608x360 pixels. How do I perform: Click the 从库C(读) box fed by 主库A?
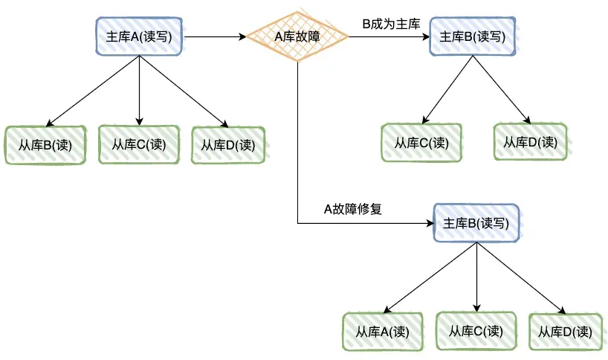point(139,144)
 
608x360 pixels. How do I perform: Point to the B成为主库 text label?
point(391,25)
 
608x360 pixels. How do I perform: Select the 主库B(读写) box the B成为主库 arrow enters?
point(473,36)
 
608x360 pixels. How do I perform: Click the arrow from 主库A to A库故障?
point(216,36)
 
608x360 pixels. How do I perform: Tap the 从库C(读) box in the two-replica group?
point(421,143)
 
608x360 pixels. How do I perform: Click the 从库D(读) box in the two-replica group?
point(530,141)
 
